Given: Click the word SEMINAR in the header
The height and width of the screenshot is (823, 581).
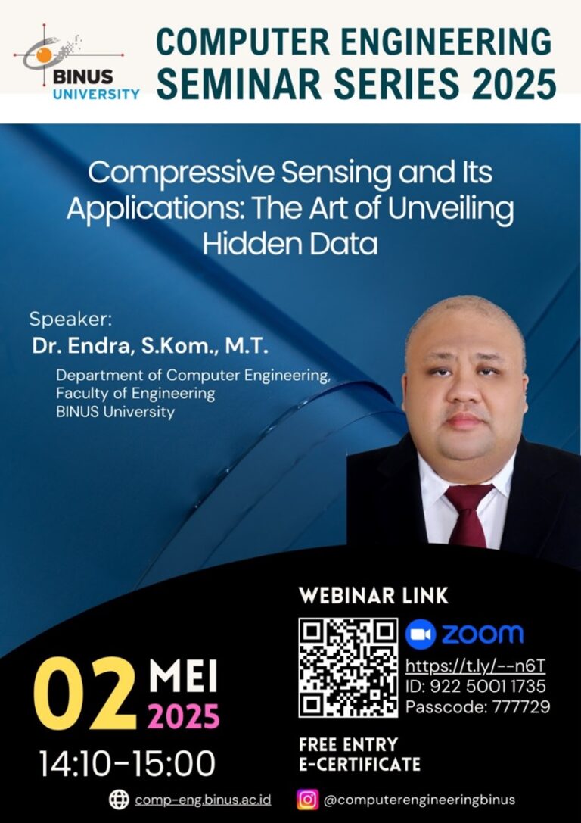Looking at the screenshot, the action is pyautogui.click(x=239, y=83).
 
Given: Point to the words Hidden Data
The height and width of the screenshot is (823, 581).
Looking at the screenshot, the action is pyautogui.click(x=290, y=244).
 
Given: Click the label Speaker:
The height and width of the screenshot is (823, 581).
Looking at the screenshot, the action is pyautogui.click(x=71, y=320).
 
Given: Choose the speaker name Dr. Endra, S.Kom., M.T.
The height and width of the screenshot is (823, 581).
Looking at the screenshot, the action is pyautogui.click(x=150, y=347).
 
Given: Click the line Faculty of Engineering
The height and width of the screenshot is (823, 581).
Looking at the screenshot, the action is pyautogui.click(x=135, y=393).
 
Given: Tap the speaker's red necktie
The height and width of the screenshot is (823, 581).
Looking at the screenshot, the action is pyautogui.click(x=468, y=515).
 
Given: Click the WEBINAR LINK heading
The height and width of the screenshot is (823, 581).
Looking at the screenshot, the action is pyautogui.click(x=374, y=596).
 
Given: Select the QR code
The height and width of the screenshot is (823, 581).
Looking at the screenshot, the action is pyautogui.click(x=348, y=668).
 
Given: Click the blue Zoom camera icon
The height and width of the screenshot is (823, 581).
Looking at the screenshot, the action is pyautogui.click(x=421, y=634).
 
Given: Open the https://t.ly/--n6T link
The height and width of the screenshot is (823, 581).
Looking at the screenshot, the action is pyautogui.click(x=475, y=666).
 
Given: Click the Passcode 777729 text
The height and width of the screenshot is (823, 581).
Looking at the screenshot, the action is pyautogui.click(x=477, y=706).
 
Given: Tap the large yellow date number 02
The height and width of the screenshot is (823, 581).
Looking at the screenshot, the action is pyautogui.click(x=85, y=694).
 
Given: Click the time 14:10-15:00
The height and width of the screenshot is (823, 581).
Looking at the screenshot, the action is pyautogui.click(x=127, y=764).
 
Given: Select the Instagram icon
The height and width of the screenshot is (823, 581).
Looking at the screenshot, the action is pyautogui.click(x=308, y=800).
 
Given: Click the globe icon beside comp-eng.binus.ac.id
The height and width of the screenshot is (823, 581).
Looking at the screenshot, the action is pyautogui.click(x=119, y=800).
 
